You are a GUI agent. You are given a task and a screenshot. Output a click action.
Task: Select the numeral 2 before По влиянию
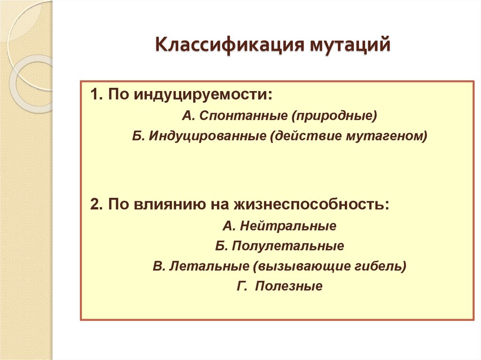pyautogui.click(x=94, y=205)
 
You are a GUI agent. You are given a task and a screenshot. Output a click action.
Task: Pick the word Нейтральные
pyautogui.click(x=287, y=226)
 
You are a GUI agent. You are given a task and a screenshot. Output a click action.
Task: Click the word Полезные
pyautogui.click(x=289, y=286)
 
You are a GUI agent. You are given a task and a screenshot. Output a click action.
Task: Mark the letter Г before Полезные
pyautogui.click(x=241, y=286)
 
